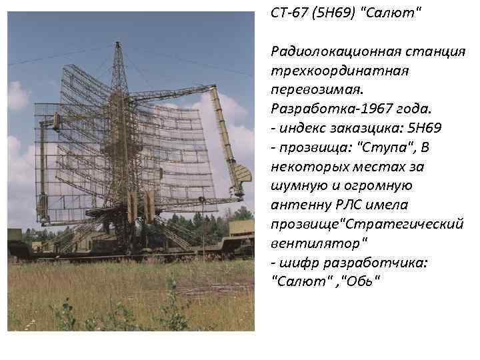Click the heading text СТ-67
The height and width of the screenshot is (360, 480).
click(288, 13)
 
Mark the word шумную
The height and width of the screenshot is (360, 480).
click(297, 185)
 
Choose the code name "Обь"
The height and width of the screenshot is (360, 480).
click(361, 281)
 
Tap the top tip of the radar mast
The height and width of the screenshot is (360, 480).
click(118, 44)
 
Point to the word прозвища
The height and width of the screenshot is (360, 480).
click(308, 147)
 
